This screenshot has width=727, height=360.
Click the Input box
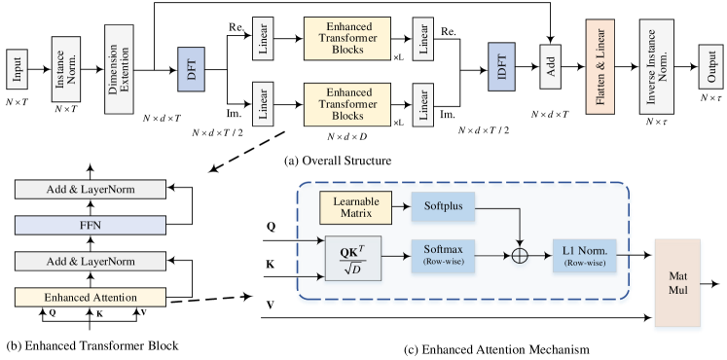(x=17, y=70)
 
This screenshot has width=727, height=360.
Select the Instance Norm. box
(x=66, y=70)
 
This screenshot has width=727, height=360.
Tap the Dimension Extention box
(x=119, y=70)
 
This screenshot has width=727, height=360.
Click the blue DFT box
(x=191, y=70)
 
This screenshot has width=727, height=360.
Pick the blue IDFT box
(x=501, y=70)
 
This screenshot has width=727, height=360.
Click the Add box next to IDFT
(x=551, y=68)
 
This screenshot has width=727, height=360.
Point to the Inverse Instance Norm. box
(x=657, y=68)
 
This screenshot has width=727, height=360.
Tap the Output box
(x=712, y=70)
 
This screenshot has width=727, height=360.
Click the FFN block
(x=91, y=226)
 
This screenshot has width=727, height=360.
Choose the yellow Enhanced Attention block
(x=91, y=297)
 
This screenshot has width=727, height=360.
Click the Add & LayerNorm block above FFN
(x=91, y=190)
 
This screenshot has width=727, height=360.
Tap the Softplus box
(x=443, y=206)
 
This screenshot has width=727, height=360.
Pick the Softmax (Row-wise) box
(x=443, y=255)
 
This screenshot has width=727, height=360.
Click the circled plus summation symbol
(x=521, y=256)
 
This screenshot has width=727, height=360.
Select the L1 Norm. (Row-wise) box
(x=584, y=255)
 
